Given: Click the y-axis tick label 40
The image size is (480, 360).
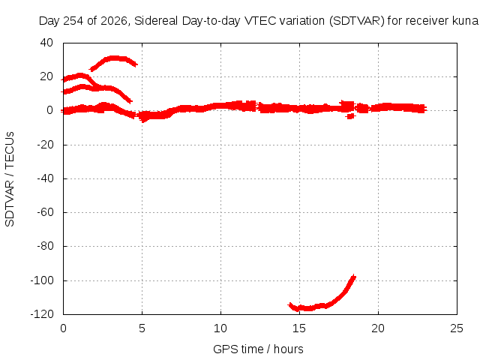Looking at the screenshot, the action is point(46,43).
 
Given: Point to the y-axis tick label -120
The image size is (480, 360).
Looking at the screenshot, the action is point(42,314).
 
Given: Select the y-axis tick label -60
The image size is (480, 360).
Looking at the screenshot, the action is point(45,212).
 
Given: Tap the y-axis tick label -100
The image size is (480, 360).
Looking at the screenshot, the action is point(42,280).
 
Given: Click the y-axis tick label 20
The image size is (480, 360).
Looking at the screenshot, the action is point(46,76).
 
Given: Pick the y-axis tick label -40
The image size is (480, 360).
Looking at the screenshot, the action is point(45,178).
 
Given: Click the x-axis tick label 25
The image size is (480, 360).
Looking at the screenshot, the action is point(457,328).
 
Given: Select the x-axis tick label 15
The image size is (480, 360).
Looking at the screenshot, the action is point(299,328).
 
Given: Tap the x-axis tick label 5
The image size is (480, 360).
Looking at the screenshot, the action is point(142,328).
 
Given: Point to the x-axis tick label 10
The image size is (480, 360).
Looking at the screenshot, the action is point(220,328).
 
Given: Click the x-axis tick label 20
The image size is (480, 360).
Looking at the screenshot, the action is point(378,328).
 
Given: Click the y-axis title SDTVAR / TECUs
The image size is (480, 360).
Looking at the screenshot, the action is point(10,179).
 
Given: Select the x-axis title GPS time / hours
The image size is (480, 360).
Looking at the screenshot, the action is point(258,349).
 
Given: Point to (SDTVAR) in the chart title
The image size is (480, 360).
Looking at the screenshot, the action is point(357,21).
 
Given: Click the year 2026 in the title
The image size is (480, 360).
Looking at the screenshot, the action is point(114,21).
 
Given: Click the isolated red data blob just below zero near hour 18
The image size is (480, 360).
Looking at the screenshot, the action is point(350,116).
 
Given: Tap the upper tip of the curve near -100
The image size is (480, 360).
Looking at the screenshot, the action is point(354,276).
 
